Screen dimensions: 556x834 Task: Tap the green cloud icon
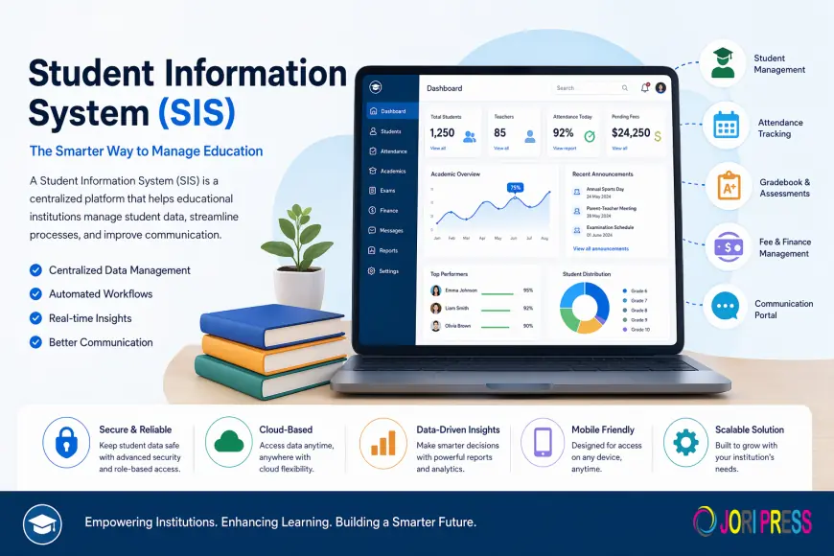point(227,442)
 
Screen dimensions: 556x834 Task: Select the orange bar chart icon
point(382,442)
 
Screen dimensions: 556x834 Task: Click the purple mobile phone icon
point(543,442)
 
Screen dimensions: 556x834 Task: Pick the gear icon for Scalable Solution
point(686,442)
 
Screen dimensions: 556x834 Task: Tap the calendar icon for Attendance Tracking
point(727,126)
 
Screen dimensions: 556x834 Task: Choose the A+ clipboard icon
point(730,186)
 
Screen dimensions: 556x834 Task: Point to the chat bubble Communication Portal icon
point(727,307)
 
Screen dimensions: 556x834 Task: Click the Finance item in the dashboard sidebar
point(388,210)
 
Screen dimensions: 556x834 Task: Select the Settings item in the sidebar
point(388,271)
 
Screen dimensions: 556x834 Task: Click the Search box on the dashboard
point(591,88)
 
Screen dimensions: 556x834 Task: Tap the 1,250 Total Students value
point(442,133)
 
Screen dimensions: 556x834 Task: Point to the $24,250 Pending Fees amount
point(631,133)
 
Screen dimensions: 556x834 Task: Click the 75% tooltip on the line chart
point(515,188)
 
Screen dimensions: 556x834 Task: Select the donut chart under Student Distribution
point(584,307)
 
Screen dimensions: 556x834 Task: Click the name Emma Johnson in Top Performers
point(460,290)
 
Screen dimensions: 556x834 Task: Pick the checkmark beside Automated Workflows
point(36,294)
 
